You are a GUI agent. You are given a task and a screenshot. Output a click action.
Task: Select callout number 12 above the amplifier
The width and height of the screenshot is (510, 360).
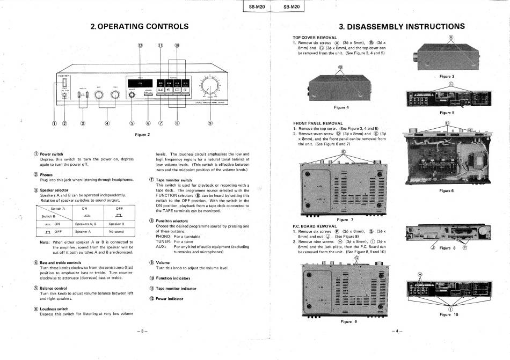(x=140, y=46)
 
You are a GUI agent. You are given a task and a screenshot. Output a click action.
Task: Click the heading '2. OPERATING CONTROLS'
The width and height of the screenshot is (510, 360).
(x=140, y=26)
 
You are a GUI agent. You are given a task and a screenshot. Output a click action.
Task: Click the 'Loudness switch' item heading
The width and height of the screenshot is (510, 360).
(x=54, y=309)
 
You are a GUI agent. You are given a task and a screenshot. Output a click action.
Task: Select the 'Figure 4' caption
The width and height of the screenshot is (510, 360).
(x=341, y=107)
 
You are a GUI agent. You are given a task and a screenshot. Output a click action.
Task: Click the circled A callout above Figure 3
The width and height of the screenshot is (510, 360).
(x=451, y=37)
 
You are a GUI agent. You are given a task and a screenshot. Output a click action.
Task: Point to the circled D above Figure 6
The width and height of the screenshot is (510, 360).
(x=447, y=123)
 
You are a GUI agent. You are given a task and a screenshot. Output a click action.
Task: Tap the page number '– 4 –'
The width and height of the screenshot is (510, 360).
(x=397, y=330)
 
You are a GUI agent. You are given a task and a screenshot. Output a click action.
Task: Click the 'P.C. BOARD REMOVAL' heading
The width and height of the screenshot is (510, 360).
(x=315, y=226)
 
